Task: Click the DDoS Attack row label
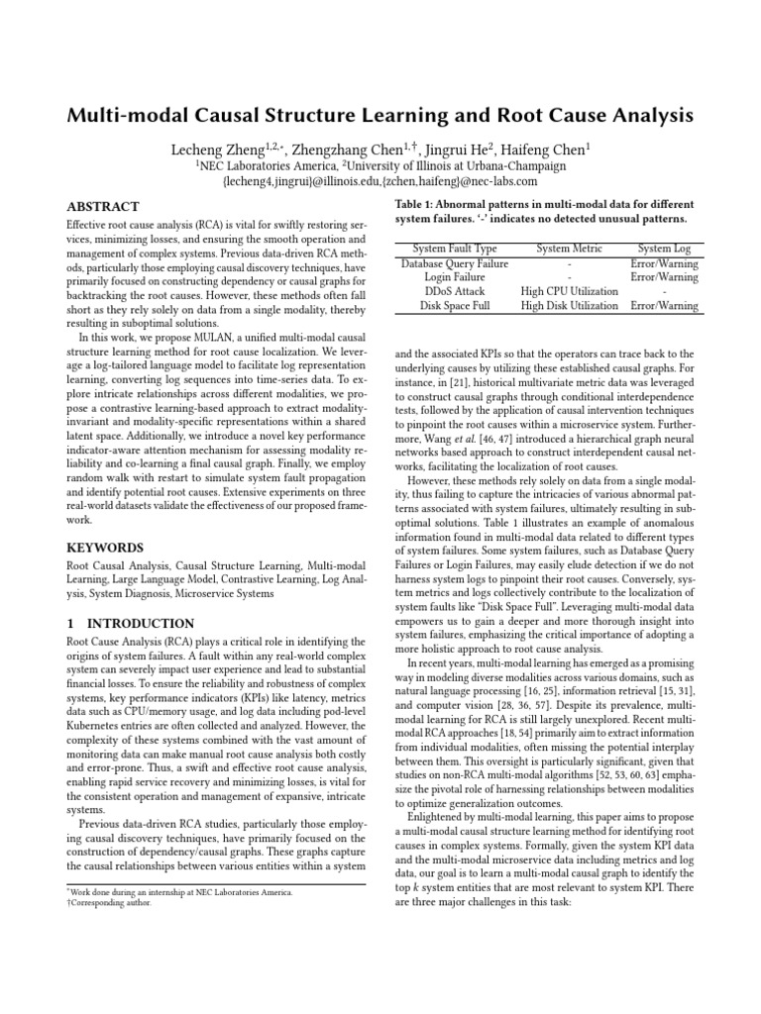455,292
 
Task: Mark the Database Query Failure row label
455,264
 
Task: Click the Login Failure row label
455,278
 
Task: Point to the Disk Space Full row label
455,306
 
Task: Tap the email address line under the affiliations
380,181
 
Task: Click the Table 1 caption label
417,204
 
